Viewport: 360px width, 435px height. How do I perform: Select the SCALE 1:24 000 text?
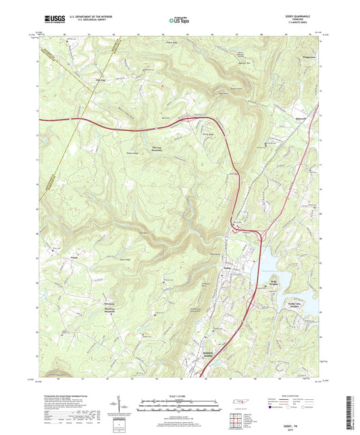180,395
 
